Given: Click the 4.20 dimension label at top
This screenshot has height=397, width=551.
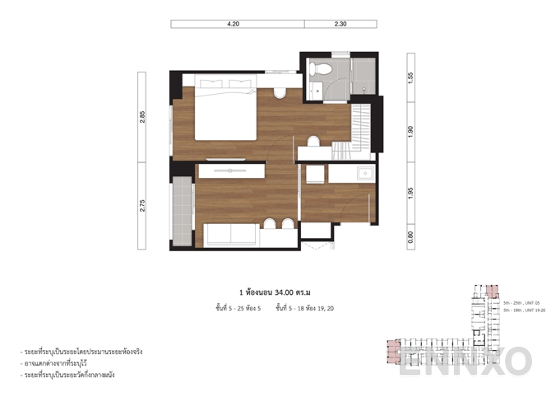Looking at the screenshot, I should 233,25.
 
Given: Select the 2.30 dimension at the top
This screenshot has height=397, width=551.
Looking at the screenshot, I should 340,25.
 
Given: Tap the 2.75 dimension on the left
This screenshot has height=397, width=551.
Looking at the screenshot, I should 143,206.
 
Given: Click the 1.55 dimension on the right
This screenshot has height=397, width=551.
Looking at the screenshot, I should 410,79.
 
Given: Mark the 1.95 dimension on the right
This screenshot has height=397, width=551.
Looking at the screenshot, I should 410,192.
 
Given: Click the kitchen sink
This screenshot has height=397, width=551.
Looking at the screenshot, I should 363,173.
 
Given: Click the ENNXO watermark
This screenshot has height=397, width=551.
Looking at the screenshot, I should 465,361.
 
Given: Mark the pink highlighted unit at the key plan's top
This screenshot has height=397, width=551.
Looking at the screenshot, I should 493,291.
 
